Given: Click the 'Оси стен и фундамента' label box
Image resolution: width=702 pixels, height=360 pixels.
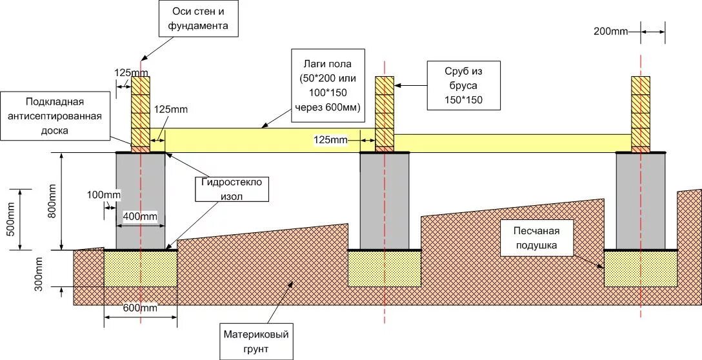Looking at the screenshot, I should click(x=198, y=18).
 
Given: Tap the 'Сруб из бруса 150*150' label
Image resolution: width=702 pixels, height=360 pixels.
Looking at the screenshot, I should click(x=463, y=85).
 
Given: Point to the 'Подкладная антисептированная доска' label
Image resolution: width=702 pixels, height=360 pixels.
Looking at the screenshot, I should click(x=55, y=116).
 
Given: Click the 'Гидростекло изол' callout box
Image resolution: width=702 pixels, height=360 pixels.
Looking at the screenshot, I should click(x=232, y=190).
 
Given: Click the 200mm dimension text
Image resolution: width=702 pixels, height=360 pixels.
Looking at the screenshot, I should click(x=610, y=31).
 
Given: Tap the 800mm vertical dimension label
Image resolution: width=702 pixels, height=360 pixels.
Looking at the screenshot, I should click(x=52, y=201).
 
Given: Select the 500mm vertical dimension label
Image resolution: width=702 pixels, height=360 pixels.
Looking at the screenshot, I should click(x=10, y=219).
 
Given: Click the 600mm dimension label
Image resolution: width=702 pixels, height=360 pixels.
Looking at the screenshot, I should click(x=140, y=308).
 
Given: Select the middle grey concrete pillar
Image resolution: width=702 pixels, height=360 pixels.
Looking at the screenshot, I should click(x=385, y=201).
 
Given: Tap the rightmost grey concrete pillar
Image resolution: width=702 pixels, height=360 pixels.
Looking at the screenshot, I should click(x=640, y=201).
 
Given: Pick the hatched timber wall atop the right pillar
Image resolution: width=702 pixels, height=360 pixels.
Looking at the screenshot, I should click(x=641, y=111).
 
